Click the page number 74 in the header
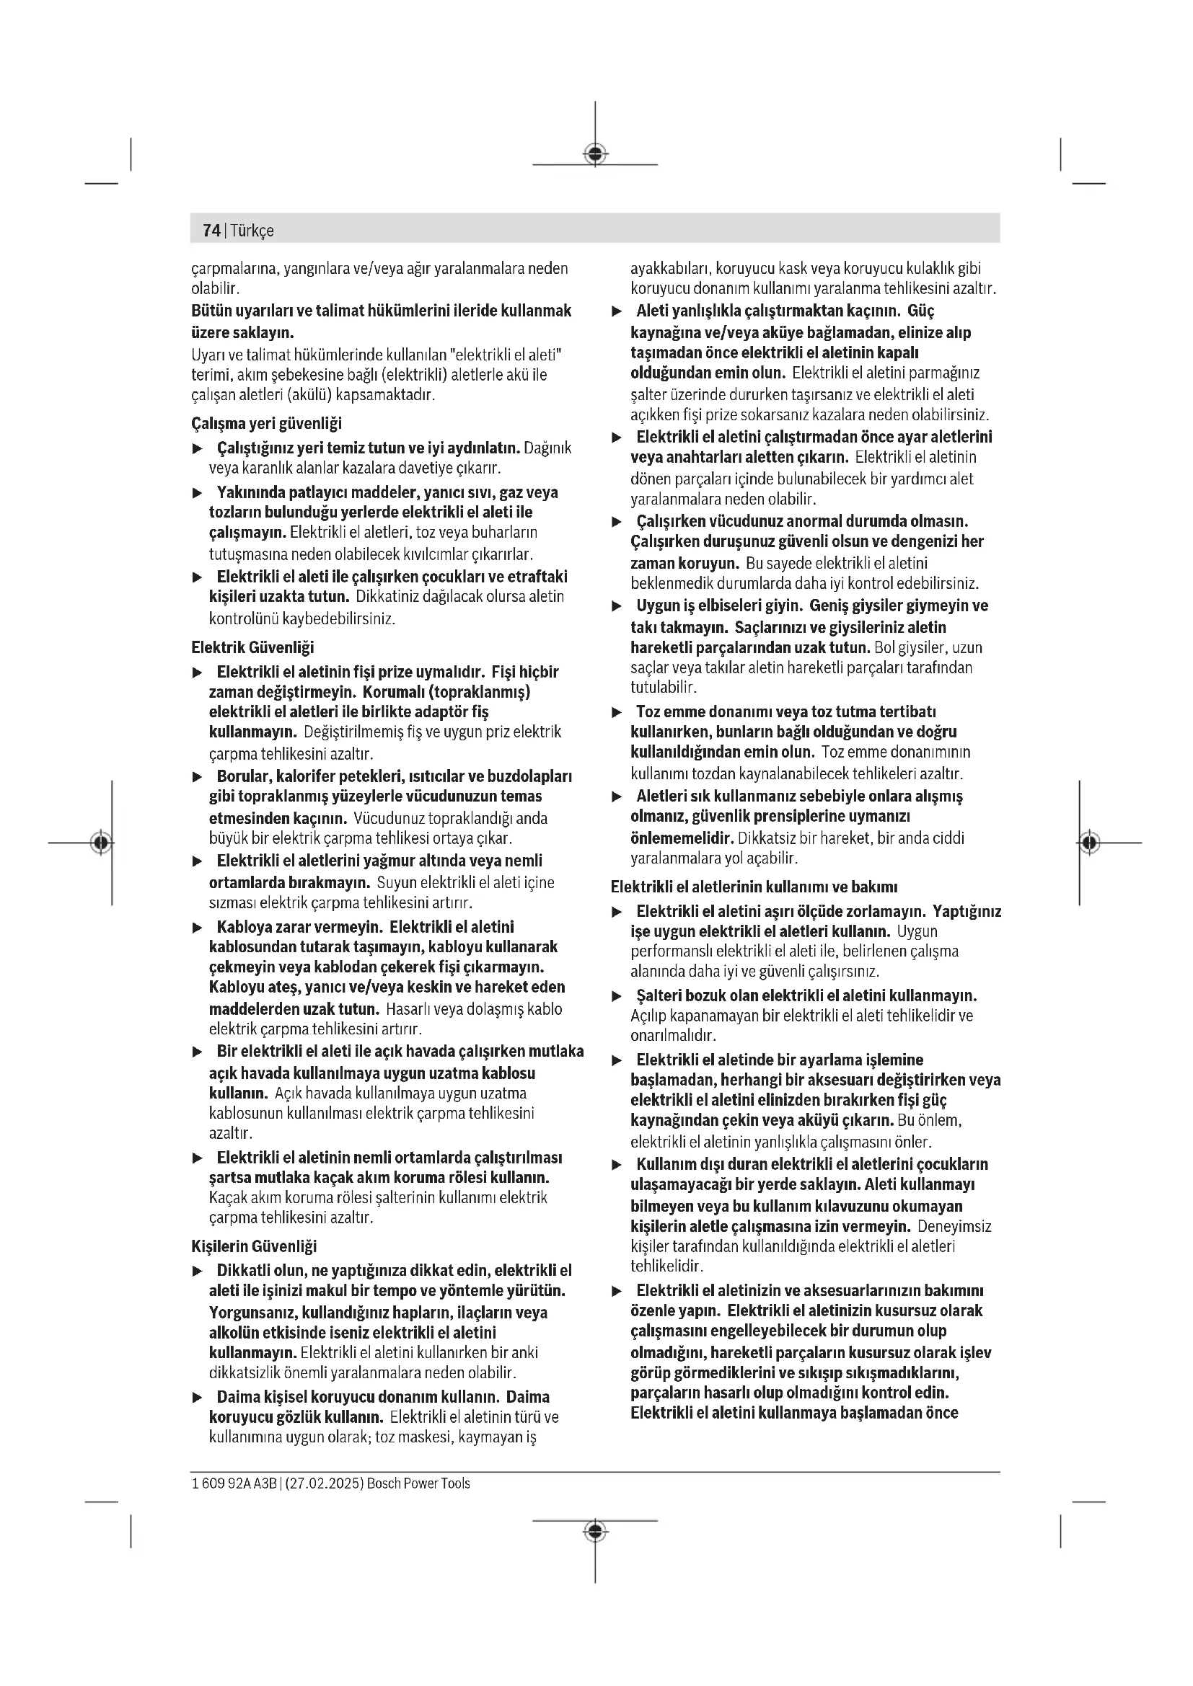[x=211, y=231]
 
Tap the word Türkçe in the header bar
[x=252, y=231]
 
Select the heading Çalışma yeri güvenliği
[x=266, y=424]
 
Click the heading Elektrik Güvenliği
[x=252, y=647]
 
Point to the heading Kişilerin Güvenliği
[x=253, y=1246]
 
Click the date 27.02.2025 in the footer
[x=323, y=1483]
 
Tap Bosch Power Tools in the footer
[x=418, y=1483]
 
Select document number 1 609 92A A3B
[x=234, y=1483]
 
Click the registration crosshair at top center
[x=595, y=154]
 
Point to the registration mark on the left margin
[x=102, y=842]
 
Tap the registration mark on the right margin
[x=1089, y=842]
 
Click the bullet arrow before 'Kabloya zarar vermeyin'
[x=197, y=928]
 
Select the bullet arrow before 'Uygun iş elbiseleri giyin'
[x=617, y=606]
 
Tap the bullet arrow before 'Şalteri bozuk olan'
[x=617, y=996]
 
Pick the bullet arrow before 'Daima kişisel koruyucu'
[x=197, y=1398]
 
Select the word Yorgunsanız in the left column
[x=252, y=1312]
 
